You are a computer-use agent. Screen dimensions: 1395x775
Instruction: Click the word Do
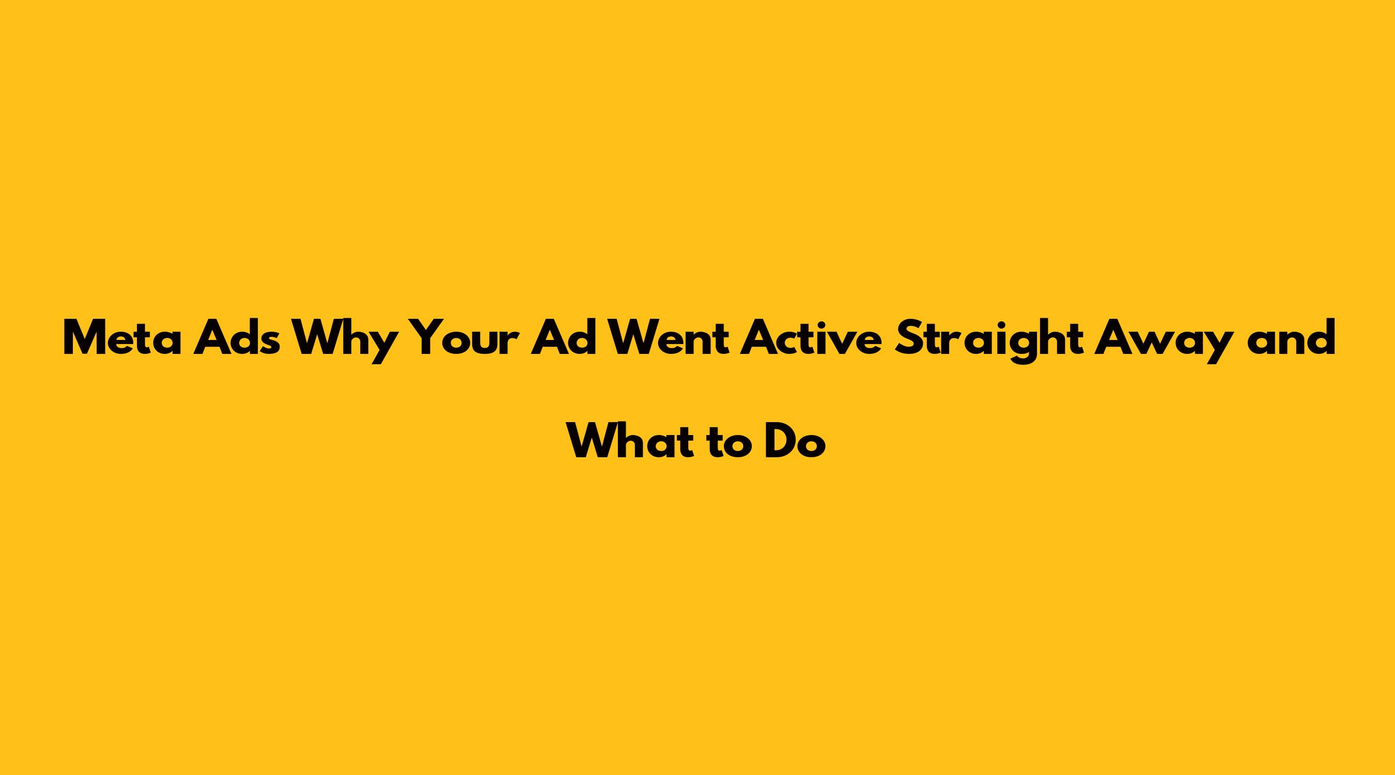pos(796,441)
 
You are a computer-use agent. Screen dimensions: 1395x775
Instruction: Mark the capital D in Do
pos(781,441)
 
